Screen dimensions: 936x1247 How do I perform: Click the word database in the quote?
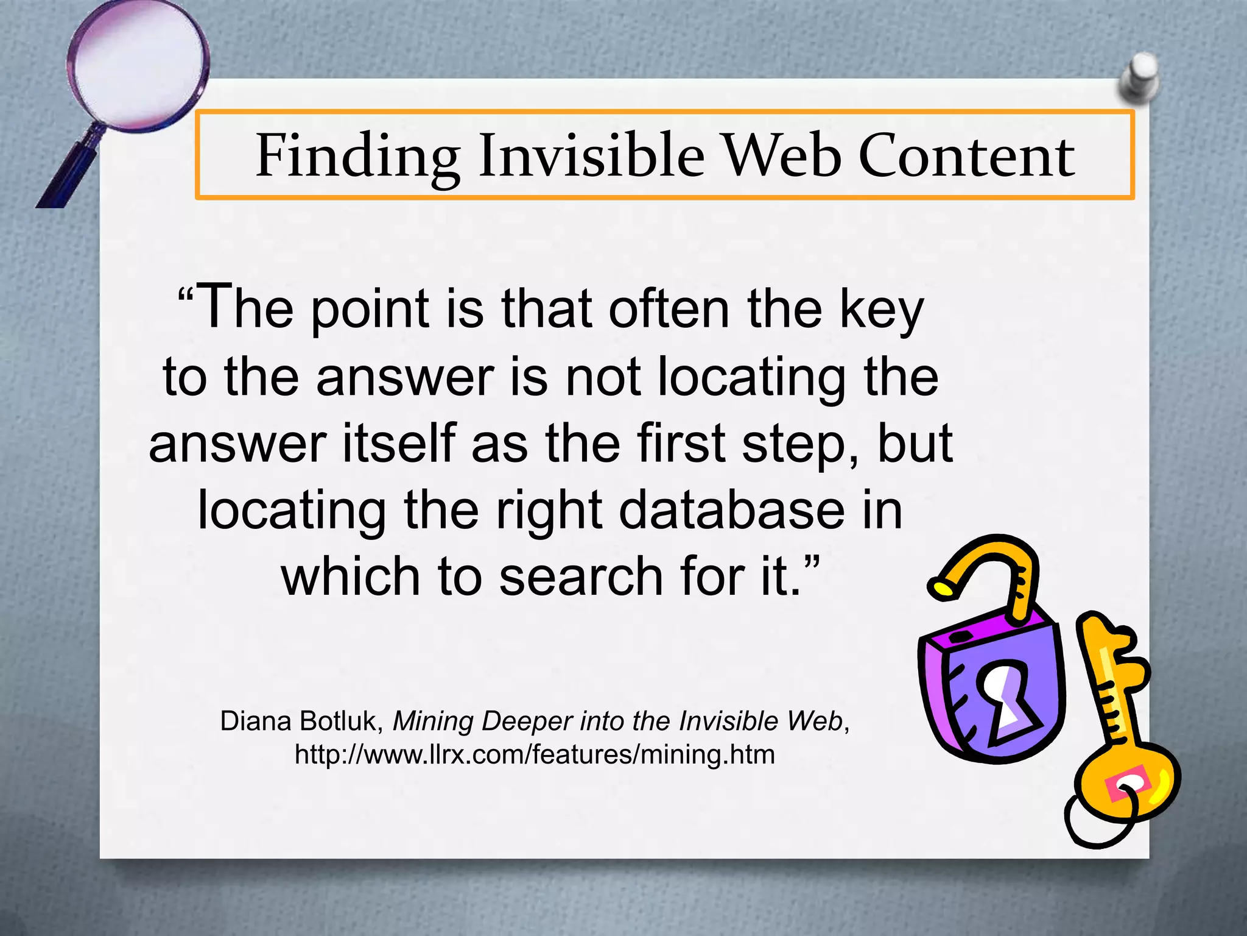[731, 511]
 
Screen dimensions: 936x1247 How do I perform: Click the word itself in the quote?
[399, 444]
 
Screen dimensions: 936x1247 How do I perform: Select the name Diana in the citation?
[255, 721]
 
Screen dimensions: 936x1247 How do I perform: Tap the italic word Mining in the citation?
[432, 721]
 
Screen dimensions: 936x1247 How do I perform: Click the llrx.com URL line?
[535, 754]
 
